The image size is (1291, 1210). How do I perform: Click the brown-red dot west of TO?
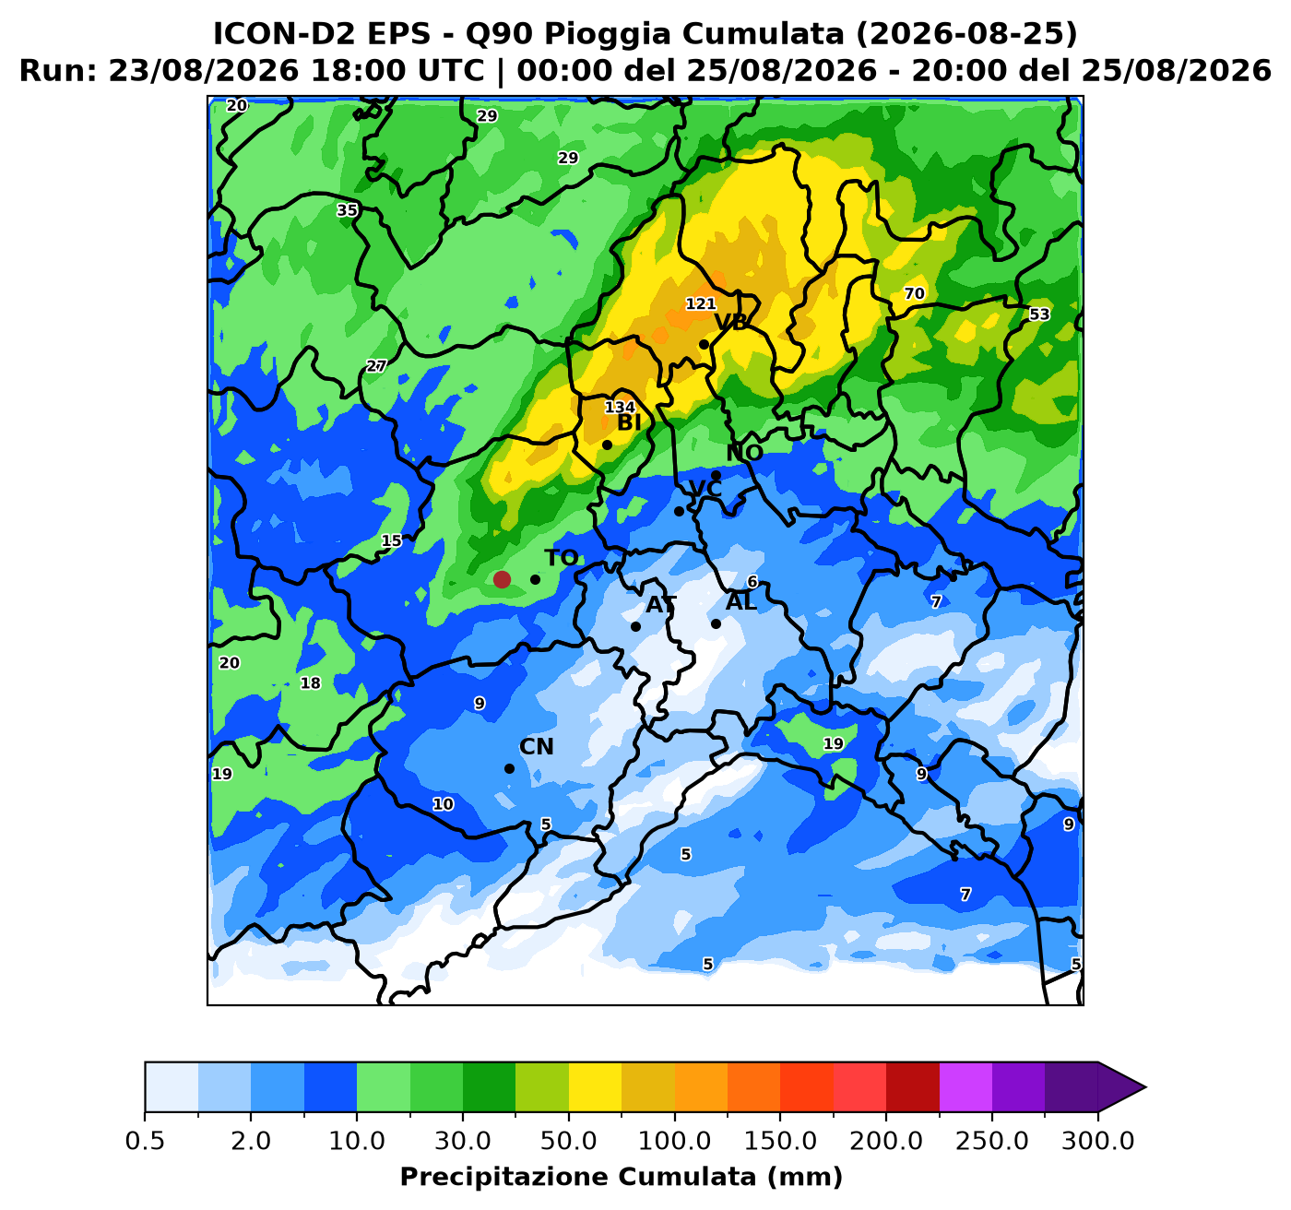[x=502, y=579]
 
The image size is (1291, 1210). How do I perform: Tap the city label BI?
[x=629, y=422]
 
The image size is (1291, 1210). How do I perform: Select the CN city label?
[x=537, y=746]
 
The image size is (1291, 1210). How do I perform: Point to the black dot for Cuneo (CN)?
[x=510, y=768]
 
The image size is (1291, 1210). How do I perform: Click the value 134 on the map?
[x=620, y=408]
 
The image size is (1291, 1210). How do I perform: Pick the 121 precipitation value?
[x=701, y=303]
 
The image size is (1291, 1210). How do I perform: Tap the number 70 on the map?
[x=914, y=293]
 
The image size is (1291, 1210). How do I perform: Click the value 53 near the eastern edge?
[x=1038, y=314]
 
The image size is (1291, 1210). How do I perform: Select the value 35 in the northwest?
[x=347, y=210]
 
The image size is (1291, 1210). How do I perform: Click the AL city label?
[x=741, y=602]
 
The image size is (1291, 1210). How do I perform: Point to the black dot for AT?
[x=635, y=627]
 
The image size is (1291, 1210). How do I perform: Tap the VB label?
[x=731, y=322]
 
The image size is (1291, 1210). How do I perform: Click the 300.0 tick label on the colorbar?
[x=1098, y=1140]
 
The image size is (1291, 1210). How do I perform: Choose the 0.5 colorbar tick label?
[x=145, y=1140]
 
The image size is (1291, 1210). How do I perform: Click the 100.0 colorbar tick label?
[x=674, y=1140]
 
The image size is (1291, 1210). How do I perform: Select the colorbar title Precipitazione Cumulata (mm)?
[x=621, y=1176]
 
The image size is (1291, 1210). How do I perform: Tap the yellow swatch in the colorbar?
[x=595, y=1086]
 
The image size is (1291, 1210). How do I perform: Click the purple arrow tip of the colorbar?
[x=1144, y=1086]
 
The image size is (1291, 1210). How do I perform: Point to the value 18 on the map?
[x=310, y=682]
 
